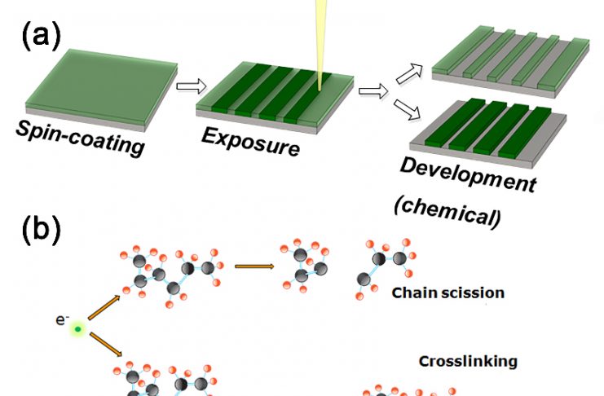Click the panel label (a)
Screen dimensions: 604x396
tap(42, 35)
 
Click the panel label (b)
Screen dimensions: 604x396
tap(42, 230)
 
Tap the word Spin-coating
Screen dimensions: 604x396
tap(80, 139)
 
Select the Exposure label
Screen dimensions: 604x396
tap(250, 142)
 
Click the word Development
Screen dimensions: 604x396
tap(469, 175)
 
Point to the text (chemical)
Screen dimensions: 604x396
tap(447, 211)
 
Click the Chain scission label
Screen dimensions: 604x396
tap(448, 293)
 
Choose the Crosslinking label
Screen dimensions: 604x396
tap(468, 362)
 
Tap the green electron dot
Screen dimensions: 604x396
tap(78, 329)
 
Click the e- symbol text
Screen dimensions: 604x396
tap(63, 319)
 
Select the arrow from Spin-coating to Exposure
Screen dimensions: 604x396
tap(192, 86)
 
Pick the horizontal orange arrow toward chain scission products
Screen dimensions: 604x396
tap(254, 266)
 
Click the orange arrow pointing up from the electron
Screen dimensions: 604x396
tap(104, 308)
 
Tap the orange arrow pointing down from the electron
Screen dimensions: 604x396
tap(106, 345)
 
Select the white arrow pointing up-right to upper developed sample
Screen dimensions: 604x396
tap(409, 73)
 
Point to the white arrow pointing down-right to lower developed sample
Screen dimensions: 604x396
tap(407, 109)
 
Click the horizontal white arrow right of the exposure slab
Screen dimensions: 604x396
tap(373, 91)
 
